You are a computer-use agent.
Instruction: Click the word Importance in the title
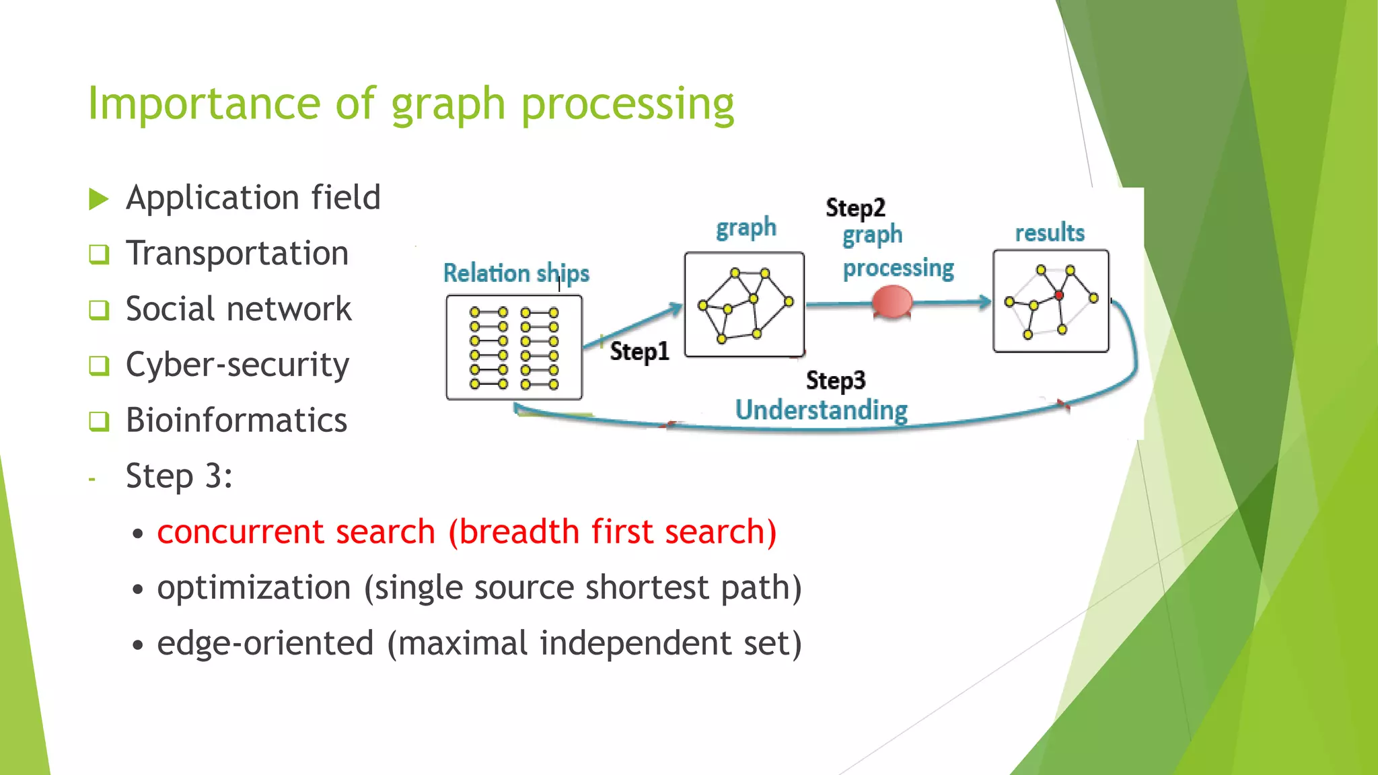click(x=205, y=104)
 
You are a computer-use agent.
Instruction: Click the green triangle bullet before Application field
click(x=98, y=199)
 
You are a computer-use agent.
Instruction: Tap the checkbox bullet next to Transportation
click(x=99, y=254)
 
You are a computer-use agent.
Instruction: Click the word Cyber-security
click(x=237, y=365)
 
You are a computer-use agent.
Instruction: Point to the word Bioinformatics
click(x=236, y=420)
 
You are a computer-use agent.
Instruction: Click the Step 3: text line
click(x=179, y=476)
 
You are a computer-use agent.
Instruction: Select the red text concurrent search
click(x=296, y=532)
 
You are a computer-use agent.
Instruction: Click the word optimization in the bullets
click(x=254, y=587)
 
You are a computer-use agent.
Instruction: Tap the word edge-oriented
click(x=265, y=643)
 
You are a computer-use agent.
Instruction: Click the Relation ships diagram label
click(x=516, y=273)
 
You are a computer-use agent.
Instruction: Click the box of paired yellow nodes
click(x=514, y=348)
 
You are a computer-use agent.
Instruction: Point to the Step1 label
click(x=639, y=351)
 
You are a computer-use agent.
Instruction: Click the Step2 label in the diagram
click(x=855, y=208)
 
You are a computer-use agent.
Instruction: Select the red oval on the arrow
click(x=892, y=301)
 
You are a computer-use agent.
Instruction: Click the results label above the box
click(x=1050, y=233)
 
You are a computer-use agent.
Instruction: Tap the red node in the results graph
click(x=1059, y=295)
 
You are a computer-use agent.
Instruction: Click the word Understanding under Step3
click(x=821, y=410)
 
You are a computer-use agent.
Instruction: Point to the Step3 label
click(x=836, y=380)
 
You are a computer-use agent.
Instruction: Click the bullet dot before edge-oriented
click(x=138, y=645)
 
